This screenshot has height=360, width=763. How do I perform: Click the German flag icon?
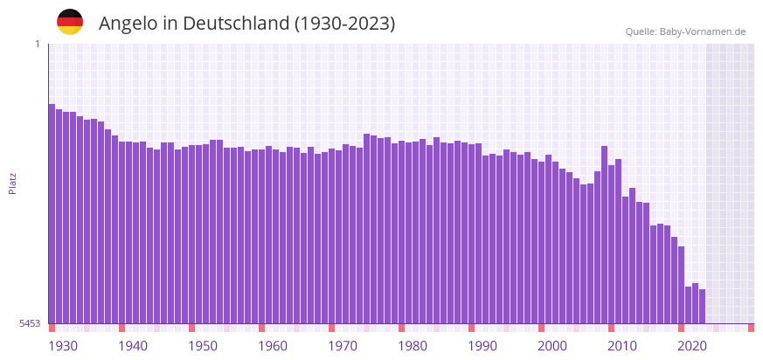[x=70, y=22]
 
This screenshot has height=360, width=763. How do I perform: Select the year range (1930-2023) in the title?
[x=345, y=24]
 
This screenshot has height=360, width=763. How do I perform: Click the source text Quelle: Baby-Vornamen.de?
[x=685, y=31]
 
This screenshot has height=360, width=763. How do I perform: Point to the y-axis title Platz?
[x=12, y=183]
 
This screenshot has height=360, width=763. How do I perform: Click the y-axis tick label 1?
[x=37, y=44]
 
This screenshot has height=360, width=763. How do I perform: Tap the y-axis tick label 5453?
[x=30, y=323]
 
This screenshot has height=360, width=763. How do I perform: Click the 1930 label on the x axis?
[x=63, y=346]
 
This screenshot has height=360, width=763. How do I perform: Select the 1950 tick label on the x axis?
[x=203, y=346]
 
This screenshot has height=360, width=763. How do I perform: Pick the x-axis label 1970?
[x=343, y=346]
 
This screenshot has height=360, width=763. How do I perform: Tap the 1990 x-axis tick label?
[x=482, y=346]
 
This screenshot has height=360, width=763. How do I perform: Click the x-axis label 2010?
[x=622, y=346]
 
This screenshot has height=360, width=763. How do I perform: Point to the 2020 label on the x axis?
[x=692, y=346]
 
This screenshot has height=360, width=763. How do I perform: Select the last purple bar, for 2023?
[x=702, y=306]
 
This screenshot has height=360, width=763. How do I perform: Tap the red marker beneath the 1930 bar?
[x=52, y=328]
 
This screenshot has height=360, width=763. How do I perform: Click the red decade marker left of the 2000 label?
[x=541, y=328]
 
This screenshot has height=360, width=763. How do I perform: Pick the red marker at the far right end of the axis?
[x=751, y=328]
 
